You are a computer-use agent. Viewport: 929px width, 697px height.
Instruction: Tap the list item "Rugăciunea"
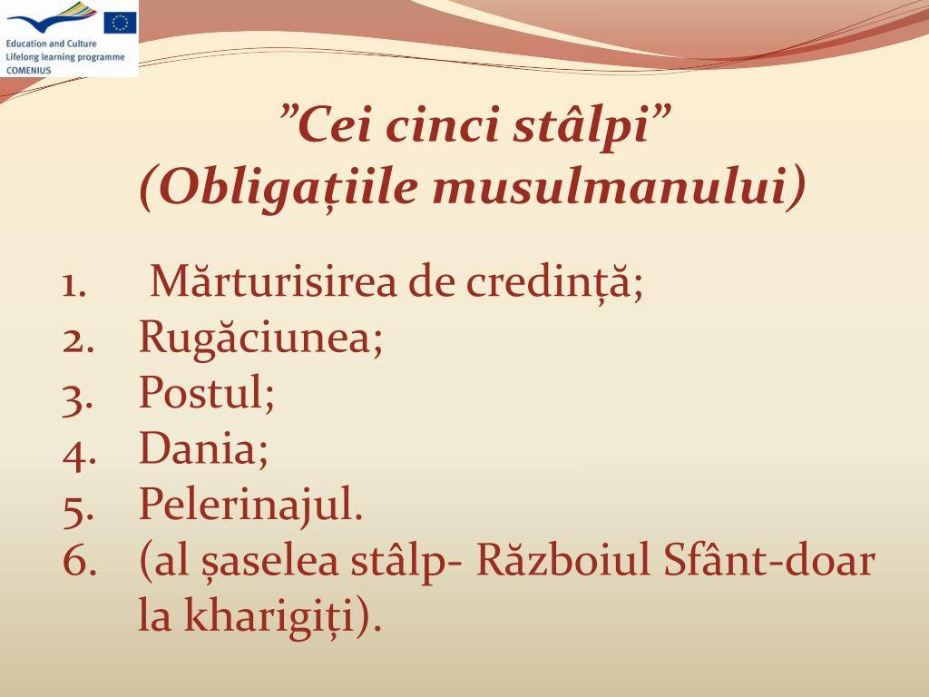[x=260, y=339]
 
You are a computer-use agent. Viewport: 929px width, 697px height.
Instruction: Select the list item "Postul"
[x=206, y=394]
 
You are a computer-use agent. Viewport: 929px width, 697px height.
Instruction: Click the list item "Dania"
[x=203, y=449]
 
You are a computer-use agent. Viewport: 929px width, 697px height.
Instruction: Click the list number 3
[x=78, y=396]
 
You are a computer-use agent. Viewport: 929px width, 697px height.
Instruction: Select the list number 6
[x=78, y=562]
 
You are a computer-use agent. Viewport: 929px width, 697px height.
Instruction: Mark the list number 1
[x=75, y=284]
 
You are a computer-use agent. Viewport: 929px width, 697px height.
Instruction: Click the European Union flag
[x=119, y=22]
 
